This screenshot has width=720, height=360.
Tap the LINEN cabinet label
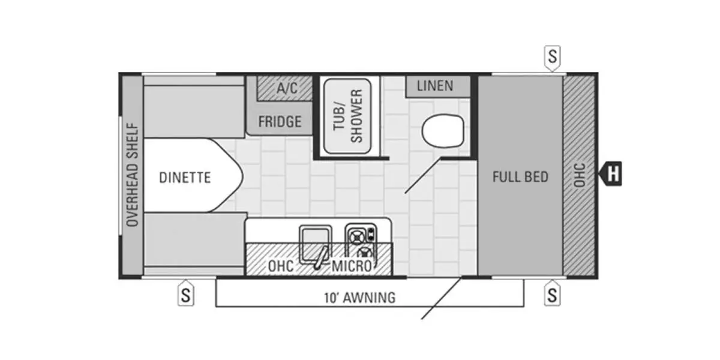(435, 86)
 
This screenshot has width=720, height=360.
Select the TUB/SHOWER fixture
(347, 116)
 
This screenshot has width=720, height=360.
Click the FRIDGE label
(280, 122)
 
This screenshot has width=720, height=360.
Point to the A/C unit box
(286, 88)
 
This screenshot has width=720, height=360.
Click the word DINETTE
(185, 178)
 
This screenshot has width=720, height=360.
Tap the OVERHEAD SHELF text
(133, 175)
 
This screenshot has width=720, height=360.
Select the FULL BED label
(520, 176)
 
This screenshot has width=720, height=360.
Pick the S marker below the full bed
(552, 295)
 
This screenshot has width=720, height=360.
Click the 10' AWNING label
(359, 297)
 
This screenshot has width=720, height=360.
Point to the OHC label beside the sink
(281, 265)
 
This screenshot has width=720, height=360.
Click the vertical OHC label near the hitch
(579, 175)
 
